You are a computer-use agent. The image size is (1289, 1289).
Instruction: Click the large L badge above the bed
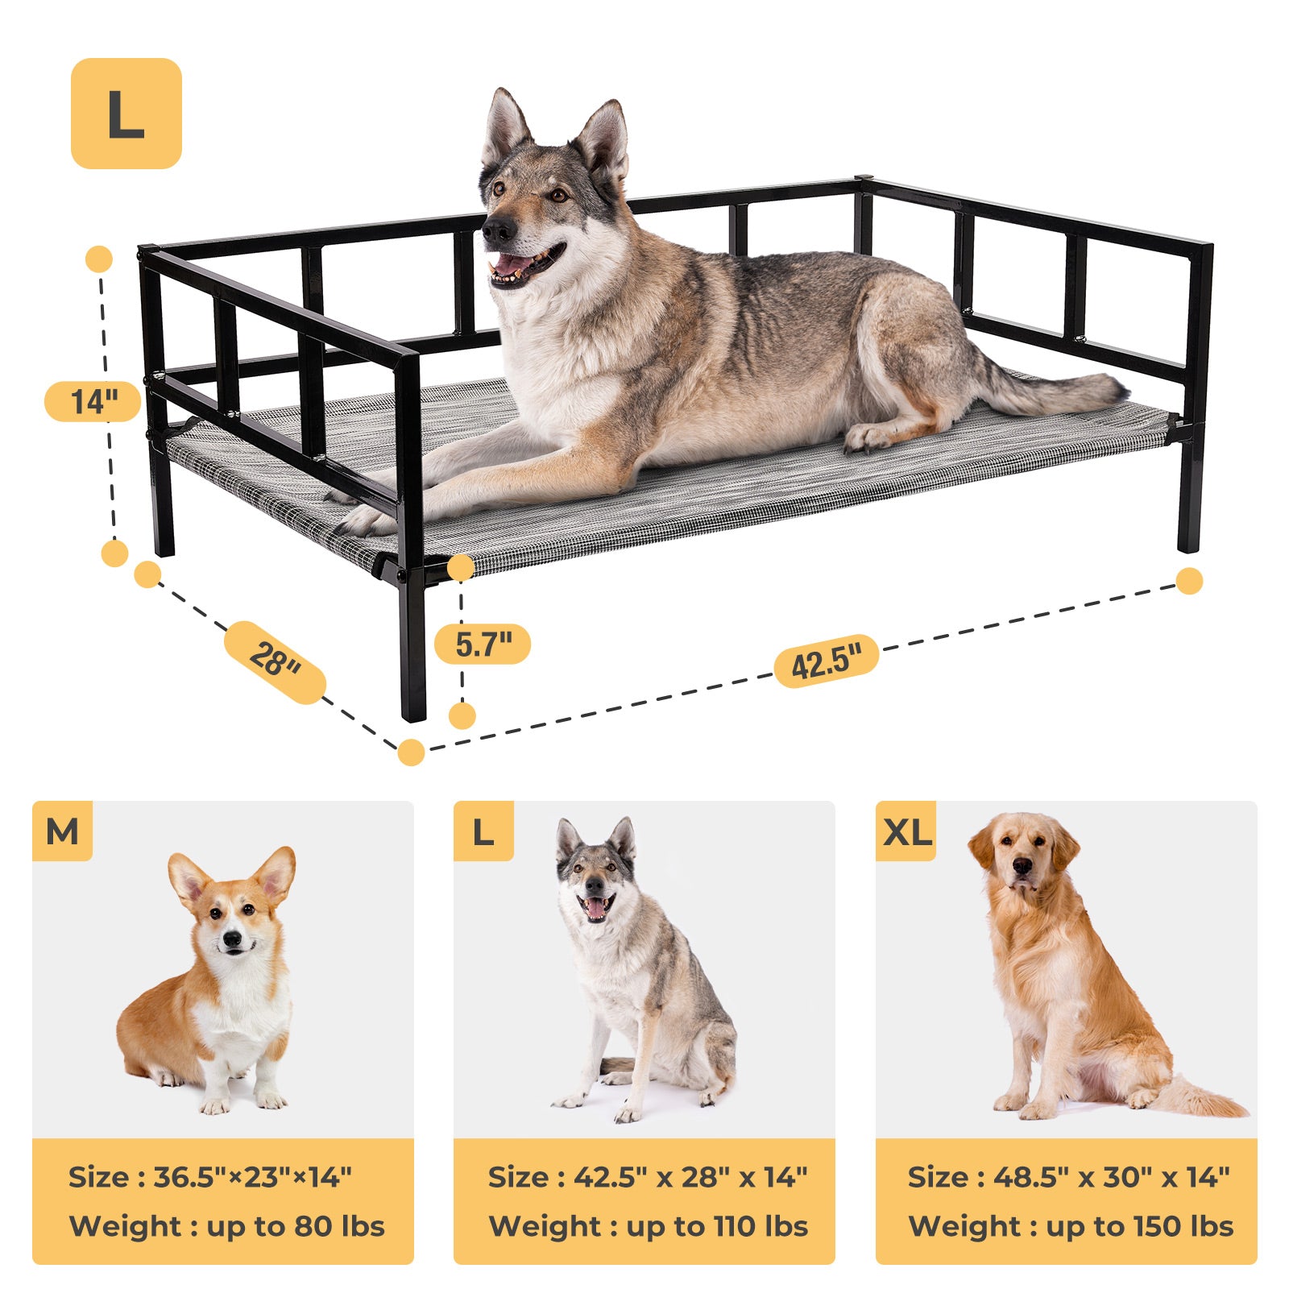[126, 114]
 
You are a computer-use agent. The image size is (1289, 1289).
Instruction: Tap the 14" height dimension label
[93, 401]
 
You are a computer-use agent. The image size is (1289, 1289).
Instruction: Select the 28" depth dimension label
[275, 661]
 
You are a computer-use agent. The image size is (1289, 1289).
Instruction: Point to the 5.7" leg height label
[483, 644]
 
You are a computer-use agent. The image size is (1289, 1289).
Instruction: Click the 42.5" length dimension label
[826, 661]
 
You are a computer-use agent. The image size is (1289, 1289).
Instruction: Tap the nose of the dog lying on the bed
[497, 231]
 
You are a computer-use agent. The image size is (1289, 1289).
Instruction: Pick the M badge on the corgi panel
[62, 831]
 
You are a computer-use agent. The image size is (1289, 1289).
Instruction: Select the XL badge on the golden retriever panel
[906, 831]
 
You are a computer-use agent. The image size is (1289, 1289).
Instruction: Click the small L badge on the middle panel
[483, 831]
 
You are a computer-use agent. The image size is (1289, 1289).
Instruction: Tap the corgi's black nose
[233, 939]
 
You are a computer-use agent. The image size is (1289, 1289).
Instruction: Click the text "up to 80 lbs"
[296, 1226]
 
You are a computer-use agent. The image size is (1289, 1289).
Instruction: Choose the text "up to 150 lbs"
[1140, 1226]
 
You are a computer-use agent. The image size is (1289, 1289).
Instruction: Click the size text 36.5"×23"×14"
[252, 1177]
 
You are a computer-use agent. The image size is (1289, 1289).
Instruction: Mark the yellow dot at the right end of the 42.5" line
[1189, 581]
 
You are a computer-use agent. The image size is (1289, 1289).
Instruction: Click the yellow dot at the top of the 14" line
[99, 259]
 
